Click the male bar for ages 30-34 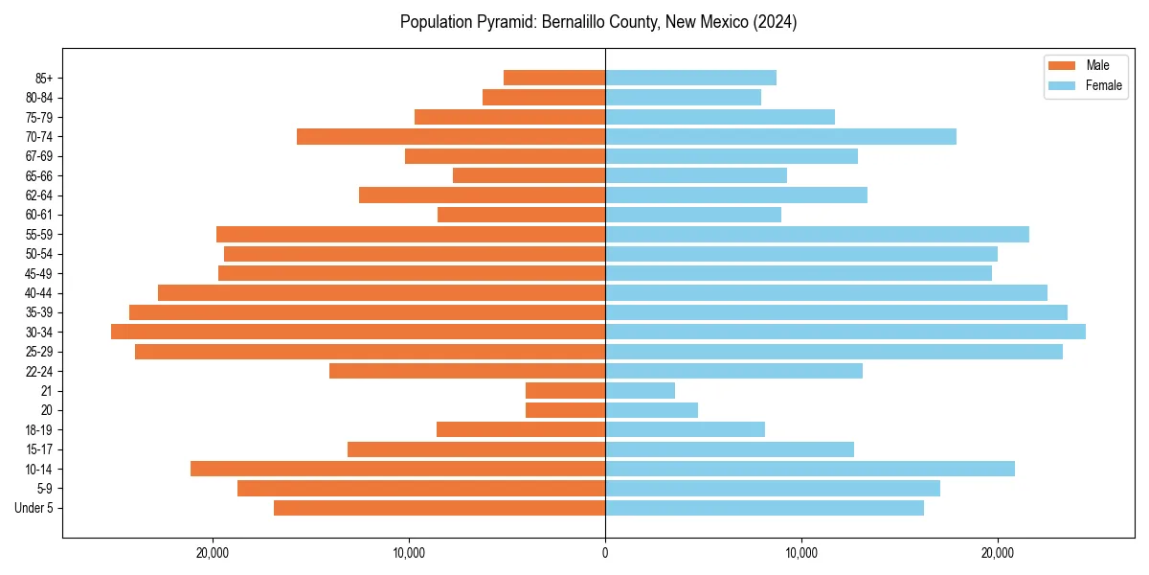click(358, 332)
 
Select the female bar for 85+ click(690, 78)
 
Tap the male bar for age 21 click(565, 390)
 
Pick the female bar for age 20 click(651, 410)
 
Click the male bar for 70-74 click(451, 136)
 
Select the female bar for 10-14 click(810, 469)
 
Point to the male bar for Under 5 click(439, 508)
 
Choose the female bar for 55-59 click(817, 234)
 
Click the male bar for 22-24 click(467, 371)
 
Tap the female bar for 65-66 click(696, 175)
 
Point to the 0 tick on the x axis click(605, 552)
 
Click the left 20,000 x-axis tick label click(213, 552)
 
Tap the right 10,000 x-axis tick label click(801, 552)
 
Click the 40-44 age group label click(38, 293)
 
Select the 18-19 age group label click(38, 430)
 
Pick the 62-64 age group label click(38, 195)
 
